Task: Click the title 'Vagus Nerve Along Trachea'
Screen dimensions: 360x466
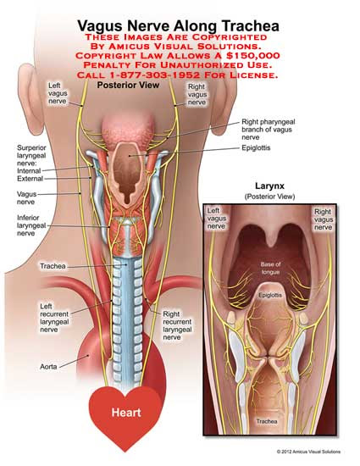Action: pos(178,26)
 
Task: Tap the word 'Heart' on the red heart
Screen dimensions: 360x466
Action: pos(126,413)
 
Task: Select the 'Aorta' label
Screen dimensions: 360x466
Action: pos(48,367)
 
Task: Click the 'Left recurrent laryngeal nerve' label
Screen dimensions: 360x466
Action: pos(54,318)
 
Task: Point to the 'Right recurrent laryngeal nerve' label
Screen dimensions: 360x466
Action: pos(177,325)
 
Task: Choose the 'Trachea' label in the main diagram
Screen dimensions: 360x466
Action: pos(53,266)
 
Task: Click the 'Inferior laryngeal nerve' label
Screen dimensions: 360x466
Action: pos(31,225)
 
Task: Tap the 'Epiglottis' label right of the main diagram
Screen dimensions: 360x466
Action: pos(256,147)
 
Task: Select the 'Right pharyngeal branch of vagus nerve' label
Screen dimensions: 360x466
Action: pos(269,130)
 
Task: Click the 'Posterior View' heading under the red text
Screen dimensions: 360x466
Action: pos(128,86)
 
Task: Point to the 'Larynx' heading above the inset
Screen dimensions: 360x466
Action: pos(269,186)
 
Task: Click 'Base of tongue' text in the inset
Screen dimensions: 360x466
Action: pos(270,268)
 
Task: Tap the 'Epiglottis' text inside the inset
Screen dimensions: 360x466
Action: pos(270,295)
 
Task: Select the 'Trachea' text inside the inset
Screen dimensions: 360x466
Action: pos(267,421)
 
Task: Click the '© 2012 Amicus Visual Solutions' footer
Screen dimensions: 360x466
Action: pos(308,452)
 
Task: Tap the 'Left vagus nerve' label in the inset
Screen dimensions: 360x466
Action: pos(217,219)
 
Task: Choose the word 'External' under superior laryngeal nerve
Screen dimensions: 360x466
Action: pos(30,179)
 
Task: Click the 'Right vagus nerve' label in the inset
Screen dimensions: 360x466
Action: pos(324,219)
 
